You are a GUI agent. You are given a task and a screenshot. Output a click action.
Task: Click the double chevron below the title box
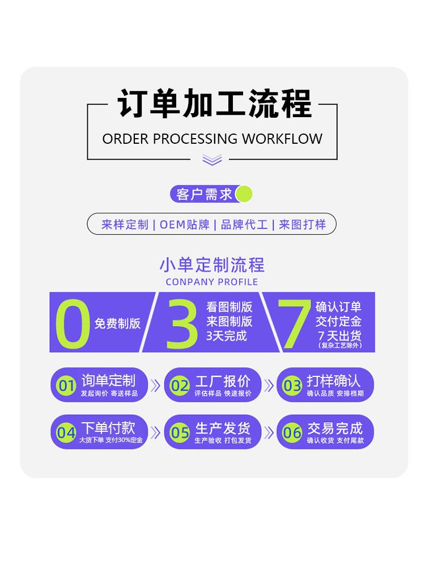212,160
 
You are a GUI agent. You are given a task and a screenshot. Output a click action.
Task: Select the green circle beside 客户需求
243,194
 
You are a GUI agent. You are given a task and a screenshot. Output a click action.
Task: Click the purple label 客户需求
204,194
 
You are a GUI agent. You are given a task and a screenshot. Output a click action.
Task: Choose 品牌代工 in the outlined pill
244,224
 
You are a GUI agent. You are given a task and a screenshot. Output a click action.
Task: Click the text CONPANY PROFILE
212,282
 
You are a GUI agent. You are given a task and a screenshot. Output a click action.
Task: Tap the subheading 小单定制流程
212,265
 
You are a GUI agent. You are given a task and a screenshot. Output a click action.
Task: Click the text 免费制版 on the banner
117,324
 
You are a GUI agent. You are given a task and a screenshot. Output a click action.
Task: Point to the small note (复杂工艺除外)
339,345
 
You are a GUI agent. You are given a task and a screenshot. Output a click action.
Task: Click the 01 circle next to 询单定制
66,386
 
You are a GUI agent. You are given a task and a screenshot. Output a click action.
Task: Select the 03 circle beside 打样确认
292,386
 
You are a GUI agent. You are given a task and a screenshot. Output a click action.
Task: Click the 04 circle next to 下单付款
66,433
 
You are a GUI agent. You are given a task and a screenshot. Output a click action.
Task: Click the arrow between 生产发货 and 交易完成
269,433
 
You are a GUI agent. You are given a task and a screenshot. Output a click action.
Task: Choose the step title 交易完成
334,428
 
